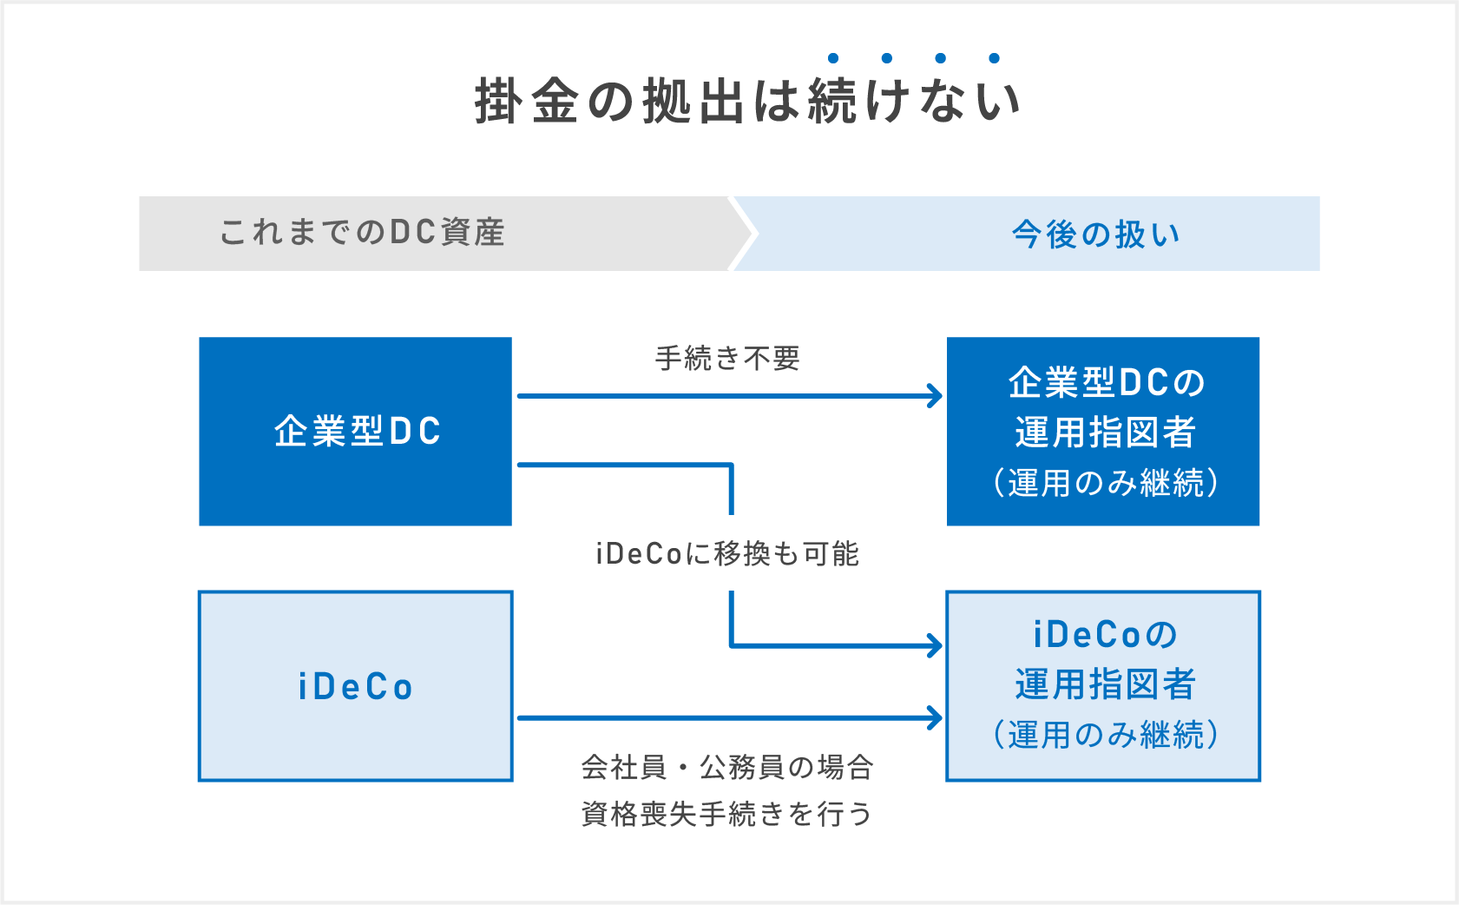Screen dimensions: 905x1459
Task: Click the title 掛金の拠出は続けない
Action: pos(746,102)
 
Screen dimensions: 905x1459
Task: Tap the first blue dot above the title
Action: pos(833,58)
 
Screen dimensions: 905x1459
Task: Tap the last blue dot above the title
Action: pos(995,58)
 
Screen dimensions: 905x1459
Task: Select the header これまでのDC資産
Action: pos(362,233)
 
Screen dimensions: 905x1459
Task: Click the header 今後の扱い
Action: pos(1096,235)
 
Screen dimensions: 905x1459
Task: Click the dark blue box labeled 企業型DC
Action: pos(356,431)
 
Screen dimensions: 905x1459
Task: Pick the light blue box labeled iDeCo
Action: pos(356,686)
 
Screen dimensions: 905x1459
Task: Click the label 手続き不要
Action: pos(727,358)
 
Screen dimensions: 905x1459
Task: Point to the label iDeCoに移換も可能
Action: pos(727,553)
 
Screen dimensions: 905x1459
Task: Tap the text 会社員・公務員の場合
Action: pos(727,767)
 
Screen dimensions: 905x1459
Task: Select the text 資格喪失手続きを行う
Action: pos(727,814)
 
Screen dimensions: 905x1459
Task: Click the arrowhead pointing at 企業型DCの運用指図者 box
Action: pos(936,396)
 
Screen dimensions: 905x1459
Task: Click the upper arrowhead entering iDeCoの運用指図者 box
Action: pos(936,645)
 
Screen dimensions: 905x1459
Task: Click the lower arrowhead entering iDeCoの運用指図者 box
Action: pos(936,718)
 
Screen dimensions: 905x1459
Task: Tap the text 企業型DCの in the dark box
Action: pos(1106,382)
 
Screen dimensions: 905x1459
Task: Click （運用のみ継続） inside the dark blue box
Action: pos(1106,482)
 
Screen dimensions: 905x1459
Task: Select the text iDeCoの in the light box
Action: pos(1106,635)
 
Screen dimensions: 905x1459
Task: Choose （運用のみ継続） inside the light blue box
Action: pos(1106,735)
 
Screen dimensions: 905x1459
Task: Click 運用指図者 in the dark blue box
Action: pos(1106,432)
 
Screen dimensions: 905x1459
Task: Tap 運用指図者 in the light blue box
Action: pos(1106,684)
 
